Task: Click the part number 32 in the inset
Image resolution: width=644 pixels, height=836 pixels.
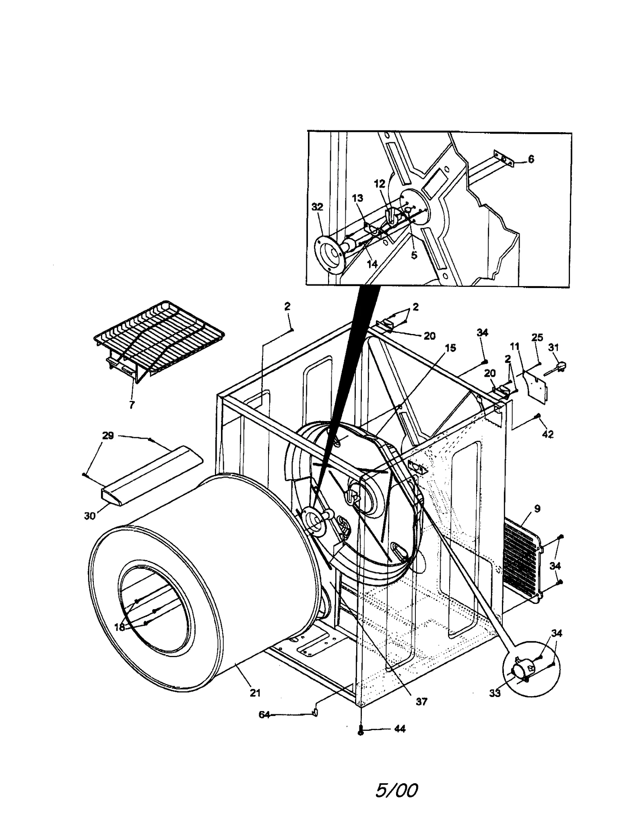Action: (317, 207)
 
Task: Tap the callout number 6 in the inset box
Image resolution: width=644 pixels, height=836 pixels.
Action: (531, 159)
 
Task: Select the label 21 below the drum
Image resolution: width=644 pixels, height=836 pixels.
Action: (255, 693)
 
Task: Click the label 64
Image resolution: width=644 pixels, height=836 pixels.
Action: (264, 715)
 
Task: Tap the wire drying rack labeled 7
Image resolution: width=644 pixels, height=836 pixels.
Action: (159, 338)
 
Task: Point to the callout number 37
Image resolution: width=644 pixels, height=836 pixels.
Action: (421, 701)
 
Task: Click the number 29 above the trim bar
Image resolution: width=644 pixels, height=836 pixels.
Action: (108, 435)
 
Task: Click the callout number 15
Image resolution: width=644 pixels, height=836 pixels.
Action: (450, 348)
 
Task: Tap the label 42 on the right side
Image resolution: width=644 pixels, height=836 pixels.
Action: (548, 434)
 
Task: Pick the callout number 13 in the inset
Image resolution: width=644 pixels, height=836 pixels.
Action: (357, 198)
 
